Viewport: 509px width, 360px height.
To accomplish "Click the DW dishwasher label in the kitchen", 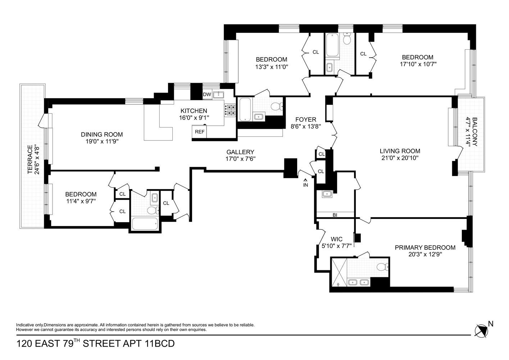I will [207, 95].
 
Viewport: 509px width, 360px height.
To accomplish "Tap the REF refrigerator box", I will [200, 132].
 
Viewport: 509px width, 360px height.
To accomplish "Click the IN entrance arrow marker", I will [305, 183].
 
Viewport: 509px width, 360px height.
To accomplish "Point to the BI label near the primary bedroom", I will [335, 215].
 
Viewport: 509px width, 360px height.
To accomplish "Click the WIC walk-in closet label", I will [336, 239].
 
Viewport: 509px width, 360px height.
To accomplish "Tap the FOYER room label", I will [305, 120].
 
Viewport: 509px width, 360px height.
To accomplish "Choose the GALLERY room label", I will [240, 152].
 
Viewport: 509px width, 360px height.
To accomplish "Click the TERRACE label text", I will [30, 159].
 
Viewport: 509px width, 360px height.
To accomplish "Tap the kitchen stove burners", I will [230, 110].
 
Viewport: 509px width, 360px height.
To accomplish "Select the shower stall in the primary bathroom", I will [338, 273].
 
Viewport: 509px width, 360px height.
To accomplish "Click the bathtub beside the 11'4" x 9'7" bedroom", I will [145, 224].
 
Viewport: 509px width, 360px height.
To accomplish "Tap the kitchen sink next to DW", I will [218, 95].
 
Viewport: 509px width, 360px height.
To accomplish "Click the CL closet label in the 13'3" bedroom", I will [315, 52].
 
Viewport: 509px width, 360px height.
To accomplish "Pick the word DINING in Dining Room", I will [92, 135].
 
